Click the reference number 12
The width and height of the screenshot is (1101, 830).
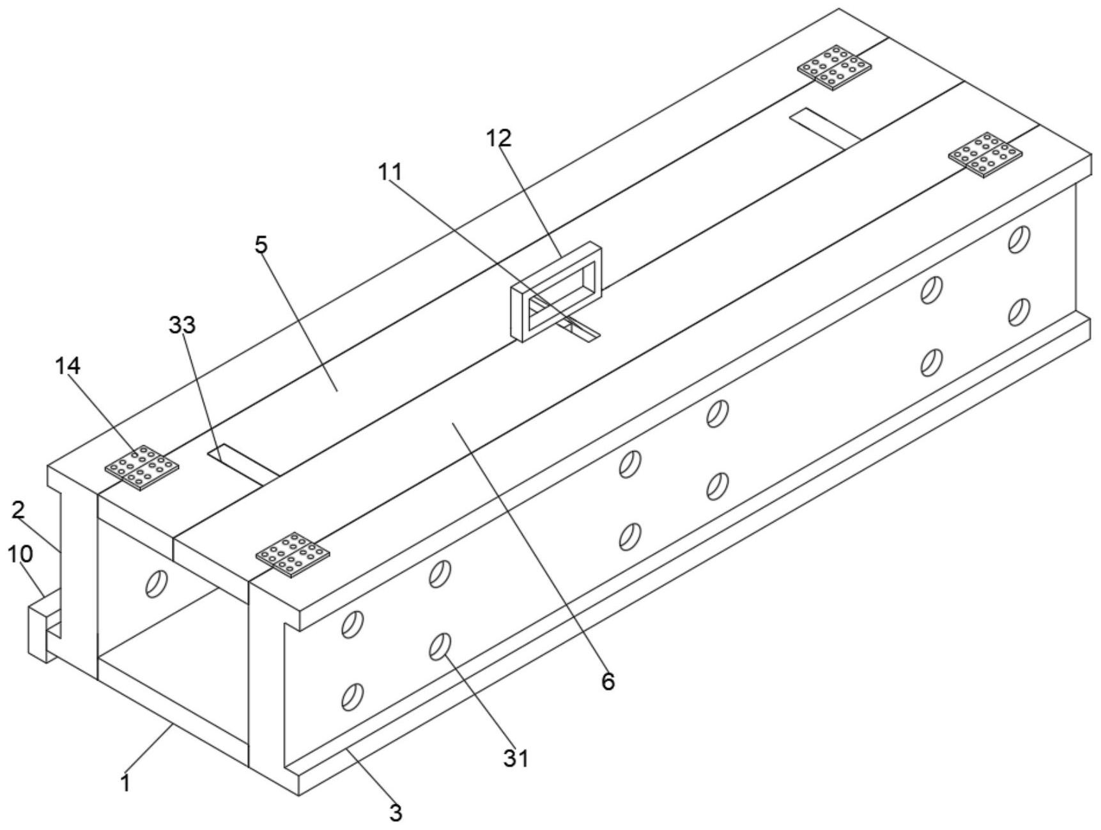pyautogui.click(x=499, y=138)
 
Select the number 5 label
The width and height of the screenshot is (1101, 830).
pyautogui.click(x=261, y=245)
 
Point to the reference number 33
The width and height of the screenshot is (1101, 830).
pyautogui.click(x=182, y=325)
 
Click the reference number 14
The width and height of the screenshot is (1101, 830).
pyautogui.click(x=68, y=366)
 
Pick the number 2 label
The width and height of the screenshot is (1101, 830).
pyautogui.click(x=18, y=510)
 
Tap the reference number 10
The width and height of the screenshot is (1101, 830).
pyautogui.click(x=20, y=554)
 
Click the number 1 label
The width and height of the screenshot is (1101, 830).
pyautogui.click(x=127, y=783)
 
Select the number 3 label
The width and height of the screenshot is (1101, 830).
pyautogui.click(x=396, y=813)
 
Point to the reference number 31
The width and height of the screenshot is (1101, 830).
pyautogui.click(x=516, y=758)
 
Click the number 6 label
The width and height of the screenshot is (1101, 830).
pyautogui.click(x=608, y=682)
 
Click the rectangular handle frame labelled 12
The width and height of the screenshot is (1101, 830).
pyautogui.click(x=557, y=291)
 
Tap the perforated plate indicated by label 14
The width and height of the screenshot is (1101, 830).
pyautogui.click(x=142, y=468)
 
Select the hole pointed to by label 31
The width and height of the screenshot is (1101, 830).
pyautogui.click(x=440, y=646)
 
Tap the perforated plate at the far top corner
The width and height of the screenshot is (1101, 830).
pyautogui.click(x=835, y=68)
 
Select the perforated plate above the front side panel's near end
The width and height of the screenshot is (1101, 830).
pyautogui.click(x=293, y=555)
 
